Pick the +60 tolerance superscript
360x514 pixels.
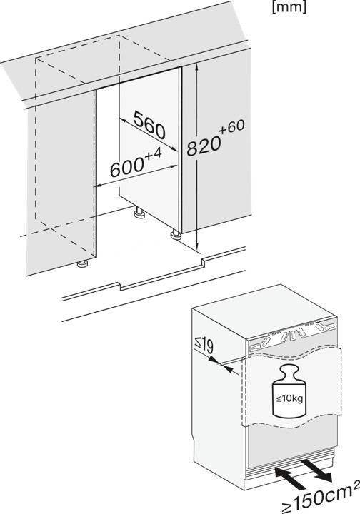pos(233,128)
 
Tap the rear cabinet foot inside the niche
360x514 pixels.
pos(136,212)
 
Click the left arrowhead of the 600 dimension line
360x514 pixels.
pos(99,185)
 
